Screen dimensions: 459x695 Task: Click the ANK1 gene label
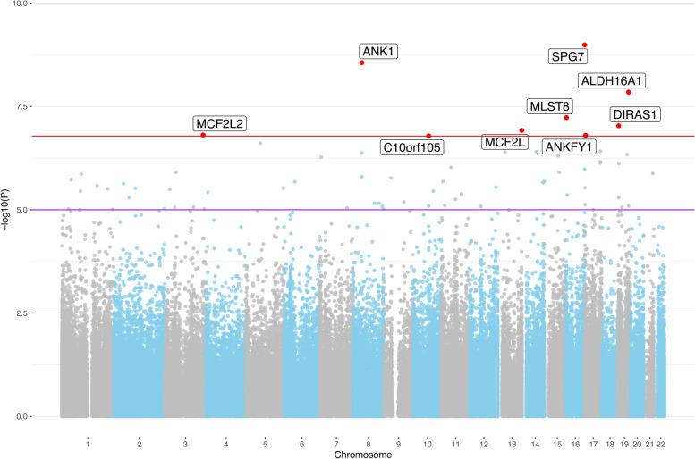click(x=378, y=52)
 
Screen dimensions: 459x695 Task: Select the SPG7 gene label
click(x=568, y=58)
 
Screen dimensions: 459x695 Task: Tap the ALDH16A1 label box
click(x=613, y=81)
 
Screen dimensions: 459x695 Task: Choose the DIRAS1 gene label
click(x=635, y=114)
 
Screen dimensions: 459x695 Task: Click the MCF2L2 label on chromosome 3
click(x=219, y=123)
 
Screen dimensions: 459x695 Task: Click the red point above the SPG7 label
click(x=584, y=45)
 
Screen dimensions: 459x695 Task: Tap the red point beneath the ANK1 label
click(x=361, y=63)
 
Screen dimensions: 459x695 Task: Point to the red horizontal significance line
click(x=268, y=137)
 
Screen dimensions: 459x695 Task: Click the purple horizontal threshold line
click(x=268, y=210)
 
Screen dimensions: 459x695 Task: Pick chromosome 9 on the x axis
click(x=397, y=444)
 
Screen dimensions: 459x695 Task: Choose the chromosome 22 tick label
click(x=661, y=444)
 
